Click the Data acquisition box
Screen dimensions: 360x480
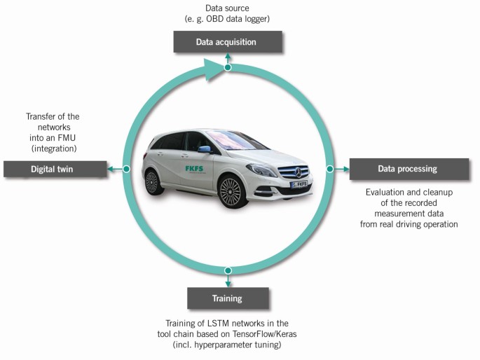pos(228,42)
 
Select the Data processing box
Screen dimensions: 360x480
pos(409,169)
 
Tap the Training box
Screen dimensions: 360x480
pos(226,298)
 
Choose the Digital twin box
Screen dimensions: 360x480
pos(54,169)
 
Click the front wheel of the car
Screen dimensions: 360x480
pos(230,191)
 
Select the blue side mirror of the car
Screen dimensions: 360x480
pos(204,149)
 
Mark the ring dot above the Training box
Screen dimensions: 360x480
pos(226,271)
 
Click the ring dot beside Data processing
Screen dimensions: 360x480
pos(328,169)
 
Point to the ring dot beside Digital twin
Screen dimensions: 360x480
pos(126,169)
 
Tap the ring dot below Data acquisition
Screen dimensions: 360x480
pos(227,68)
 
